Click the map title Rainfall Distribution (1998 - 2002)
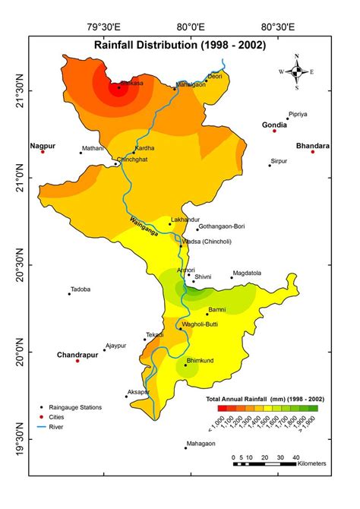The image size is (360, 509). click(x=179, y=46)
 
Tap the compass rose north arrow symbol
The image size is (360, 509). click(x=297, y=72)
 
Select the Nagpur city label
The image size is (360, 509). click(x=43, y=144)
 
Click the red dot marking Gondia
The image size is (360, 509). click(x=274, y=131)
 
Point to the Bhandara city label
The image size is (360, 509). click(x=312, y=144)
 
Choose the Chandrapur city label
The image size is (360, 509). click(x=77, y=354)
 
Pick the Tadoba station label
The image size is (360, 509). click(x=81, y=289)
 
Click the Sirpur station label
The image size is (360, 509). click(x=279, y=161)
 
